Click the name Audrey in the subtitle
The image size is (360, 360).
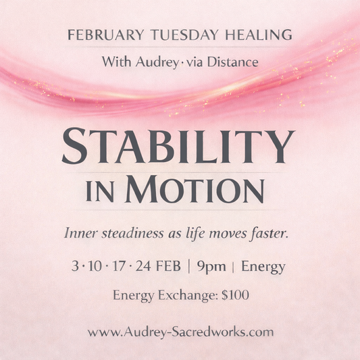pos(149,61)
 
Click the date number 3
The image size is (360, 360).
pos(74,266)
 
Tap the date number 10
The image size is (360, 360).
pos(95,266)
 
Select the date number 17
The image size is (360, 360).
pos(122,266)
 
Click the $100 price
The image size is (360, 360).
pos(232,296)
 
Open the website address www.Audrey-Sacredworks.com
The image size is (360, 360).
pos(180,332)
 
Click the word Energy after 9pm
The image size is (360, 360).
pos(264,267)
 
